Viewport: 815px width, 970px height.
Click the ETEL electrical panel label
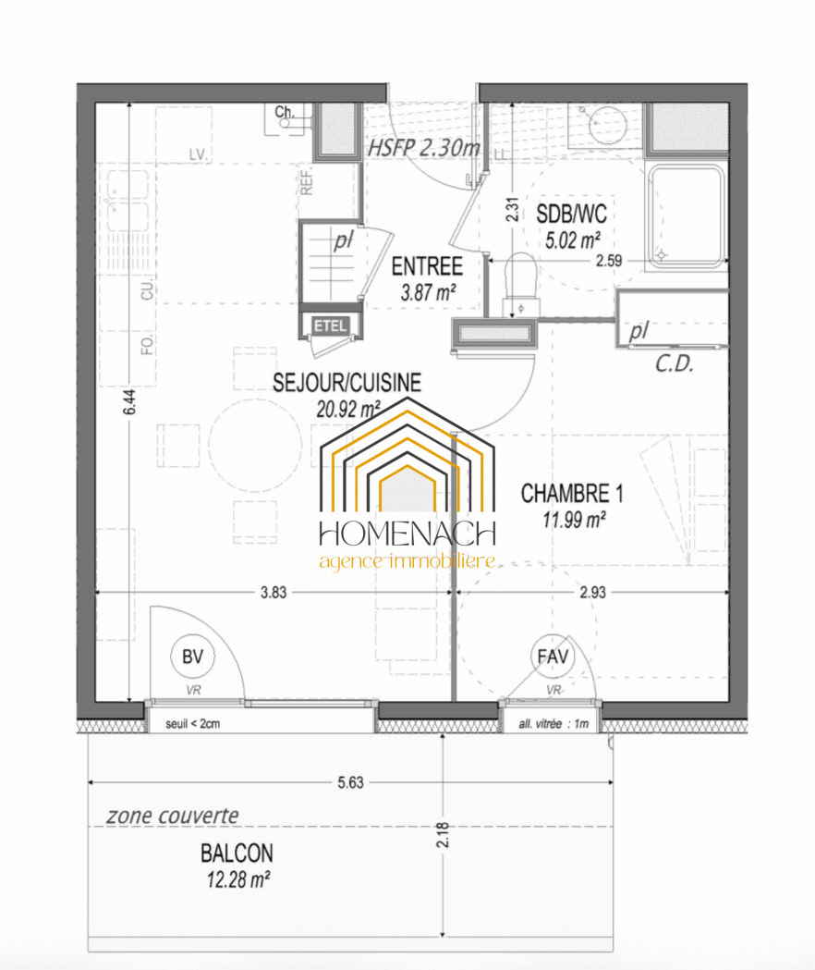(330, 326)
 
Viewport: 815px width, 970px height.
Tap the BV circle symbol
(192, 657)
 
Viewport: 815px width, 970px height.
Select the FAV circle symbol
(553, 657)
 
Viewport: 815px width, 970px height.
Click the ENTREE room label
(427, 266)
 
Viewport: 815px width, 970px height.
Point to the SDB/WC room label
(571, 214)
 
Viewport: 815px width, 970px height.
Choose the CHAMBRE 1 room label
(572, 494)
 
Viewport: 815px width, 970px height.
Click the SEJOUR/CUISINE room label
(347, 383)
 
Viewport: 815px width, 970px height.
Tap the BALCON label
(237, 853)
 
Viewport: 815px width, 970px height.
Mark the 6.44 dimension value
(129, 402)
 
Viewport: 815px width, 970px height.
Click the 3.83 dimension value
(274, 593)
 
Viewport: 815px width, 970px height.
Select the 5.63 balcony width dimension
(350, 782)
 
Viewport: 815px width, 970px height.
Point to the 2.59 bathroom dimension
(609, 261)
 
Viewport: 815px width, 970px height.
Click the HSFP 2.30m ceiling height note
(424, 148)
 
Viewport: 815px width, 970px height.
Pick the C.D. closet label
(675, 363)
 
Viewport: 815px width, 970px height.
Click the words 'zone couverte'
(173, 816)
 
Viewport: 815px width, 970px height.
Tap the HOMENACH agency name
(407, 534)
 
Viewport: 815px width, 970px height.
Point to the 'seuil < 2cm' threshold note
(192, 724)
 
